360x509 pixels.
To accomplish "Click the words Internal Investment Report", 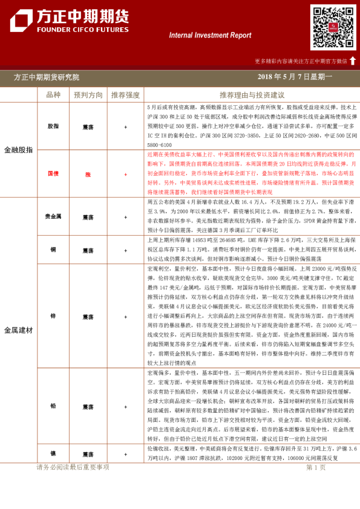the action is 210,35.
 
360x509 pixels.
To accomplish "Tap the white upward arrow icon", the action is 353,60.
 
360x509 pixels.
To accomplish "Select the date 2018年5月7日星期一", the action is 295,77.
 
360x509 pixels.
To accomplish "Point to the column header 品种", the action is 53,95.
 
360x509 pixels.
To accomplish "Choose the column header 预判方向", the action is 88,95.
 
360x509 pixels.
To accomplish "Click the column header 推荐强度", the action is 125,95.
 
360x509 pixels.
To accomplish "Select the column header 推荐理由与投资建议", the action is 252,95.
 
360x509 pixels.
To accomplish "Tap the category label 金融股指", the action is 18,149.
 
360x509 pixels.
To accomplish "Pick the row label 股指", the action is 53,127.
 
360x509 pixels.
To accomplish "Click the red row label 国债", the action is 53,174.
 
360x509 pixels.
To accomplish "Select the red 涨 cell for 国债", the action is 88,174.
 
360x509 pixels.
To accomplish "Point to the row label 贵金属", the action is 53,216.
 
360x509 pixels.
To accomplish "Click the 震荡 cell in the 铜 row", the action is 88,249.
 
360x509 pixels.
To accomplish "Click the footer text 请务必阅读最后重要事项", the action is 73,467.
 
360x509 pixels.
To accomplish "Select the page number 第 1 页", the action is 316,467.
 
